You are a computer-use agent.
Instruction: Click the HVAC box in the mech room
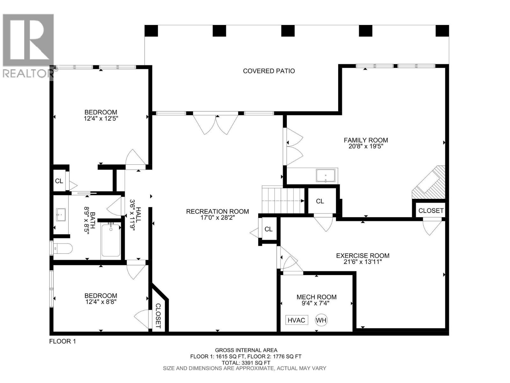point(296,320)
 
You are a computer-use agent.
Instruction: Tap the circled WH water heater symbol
point(321,320)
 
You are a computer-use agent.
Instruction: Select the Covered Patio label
point(269,71)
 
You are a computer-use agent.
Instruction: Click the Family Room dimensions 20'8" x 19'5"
point(366,146)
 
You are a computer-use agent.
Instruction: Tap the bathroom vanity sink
point(61,214)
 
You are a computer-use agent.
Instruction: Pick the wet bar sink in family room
point(325,176)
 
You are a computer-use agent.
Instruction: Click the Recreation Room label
point(217,211)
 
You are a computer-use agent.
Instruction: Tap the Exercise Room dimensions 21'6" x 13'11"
point(362,262)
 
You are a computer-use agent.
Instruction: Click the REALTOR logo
point(28,45)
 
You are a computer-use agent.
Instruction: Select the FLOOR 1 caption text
point(62,341)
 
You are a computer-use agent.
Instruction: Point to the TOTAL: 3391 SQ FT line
point(246,363)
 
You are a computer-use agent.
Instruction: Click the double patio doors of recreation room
point(216,123)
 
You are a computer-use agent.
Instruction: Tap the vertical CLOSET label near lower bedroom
point(158,316)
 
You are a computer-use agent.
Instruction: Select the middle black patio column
point(288,31)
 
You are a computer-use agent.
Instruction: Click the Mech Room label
point(316,297)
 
